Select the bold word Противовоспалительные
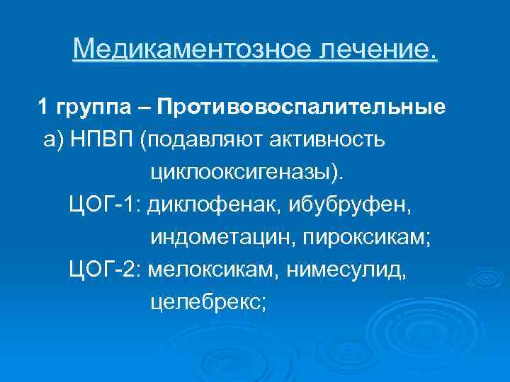302,108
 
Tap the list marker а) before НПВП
53,139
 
